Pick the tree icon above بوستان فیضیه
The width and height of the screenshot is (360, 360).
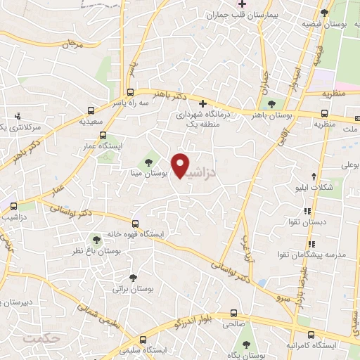(324, 13)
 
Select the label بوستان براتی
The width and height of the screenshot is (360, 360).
(133, 288)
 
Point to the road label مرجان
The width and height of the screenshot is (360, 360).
(72, 44)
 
